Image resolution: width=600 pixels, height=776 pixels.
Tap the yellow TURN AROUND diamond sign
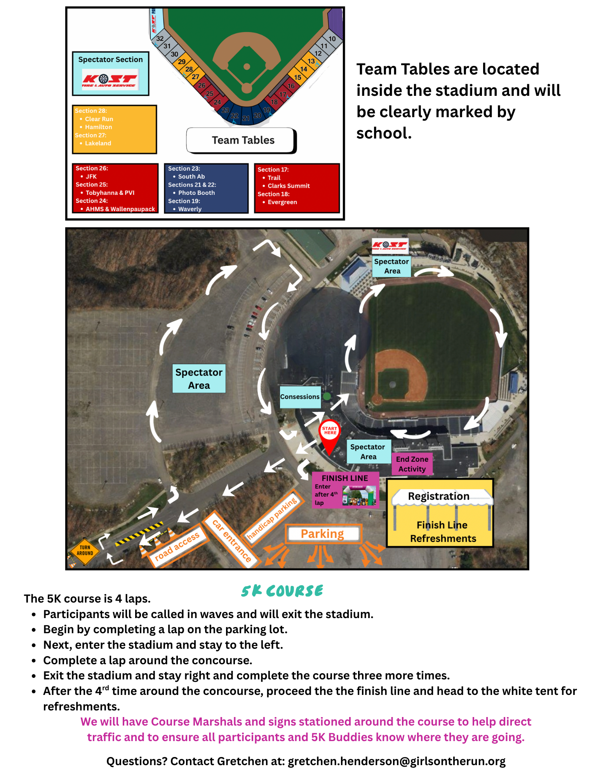[85, 551]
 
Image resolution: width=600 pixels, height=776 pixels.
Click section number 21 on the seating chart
[245, 118]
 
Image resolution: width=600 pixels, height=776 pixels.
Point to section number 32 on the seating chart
[160, 38]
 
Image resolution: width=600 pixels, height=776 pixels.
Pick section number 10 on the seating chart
[332, 39]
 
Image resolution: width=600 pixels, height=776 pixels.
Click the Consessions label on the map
[300, 397]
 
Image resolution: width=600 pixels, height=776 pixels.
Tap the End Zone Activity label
[412, 464]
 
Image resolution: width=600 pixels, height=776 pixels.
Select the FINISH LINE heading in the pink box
[345, 478]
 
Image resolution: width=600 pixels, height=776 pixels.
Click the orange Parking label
[322, 534]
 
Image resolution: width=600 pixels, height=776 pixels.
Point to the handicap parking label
[272, 518]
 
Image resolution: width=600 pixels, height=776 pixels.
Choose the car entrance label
[232, 540]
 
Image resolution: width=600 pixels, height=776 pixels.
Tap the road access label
[177, 546]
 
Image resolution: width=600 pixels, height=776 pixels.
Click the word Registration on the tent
[438, 496]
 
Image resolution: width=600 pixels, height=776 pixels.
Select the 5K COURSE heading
[282, 591]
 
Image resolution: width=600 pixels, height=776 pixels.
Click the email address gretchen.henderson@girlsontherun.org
[397, 761]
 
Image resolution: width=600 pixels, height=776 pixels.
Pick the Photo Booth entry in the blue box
[197, 193]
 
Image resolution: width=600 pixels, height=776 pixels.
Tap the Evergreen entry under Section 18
[282, 202]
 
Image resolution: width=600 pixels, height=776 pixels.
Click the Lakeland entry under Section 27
[98, 143]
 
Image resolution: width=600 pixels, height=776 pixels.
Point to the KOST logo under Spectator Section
[110, 80]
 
